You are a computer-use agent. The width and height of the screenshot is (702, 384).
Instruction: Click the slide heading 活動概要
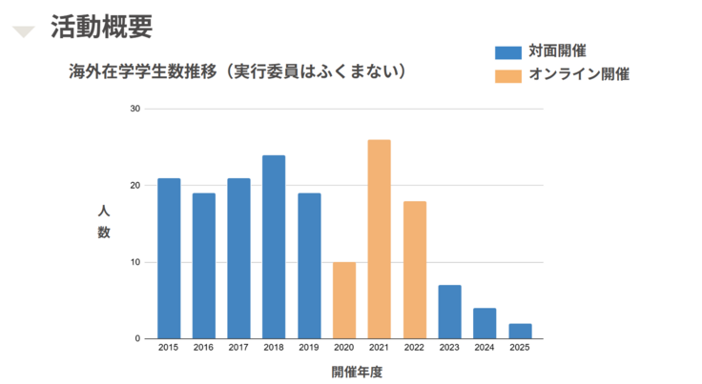point(101,27)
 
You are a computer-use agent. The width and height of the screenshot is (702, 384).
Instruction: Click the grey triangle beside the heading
point(24,32)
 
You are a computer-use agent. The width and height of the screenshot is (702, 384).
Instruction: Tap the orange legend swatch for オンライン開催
point(508,74)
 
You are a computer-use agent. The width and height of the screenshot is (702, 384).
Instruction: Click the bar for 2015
point(169,258)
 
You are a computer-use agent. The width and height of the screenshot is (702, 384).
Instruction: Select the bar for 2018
point(274,247)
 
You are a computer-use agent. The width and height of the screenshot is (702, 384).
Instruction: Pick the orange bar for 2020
point(344,300)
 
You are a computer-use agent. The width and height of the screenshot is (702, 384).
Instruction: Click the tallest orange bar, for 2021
point(379,239)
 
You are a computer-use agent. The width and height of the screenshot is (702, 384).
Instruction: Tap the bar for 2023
point(449,312)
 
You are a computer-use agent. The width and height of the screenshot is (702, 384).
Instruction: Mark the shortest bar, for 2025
point(520,331)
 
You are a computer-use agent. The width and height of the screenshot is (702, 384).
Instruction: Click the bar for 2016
point(204,266)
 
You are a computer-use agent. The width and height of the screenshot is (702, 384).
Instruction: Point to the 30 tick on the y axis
point(134,109)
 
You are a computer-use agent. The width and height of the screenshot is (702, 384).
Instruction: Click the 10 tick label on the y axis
point(134,262)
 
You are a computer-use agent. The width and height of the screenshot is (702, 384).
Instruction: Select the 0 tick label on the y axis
point(137,338)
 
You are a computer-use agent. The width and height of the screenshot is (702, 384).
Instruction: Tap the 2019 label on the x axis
point(309,349)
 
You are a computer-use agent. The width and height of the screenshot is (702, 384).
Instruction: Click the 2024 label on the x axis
point(485,349)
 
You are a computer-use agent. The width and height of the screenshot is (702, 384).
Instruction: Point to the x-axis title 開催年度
point(356,372)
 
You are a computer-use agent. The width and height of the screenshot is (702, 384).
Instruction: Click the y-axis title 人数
point(104,221)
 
